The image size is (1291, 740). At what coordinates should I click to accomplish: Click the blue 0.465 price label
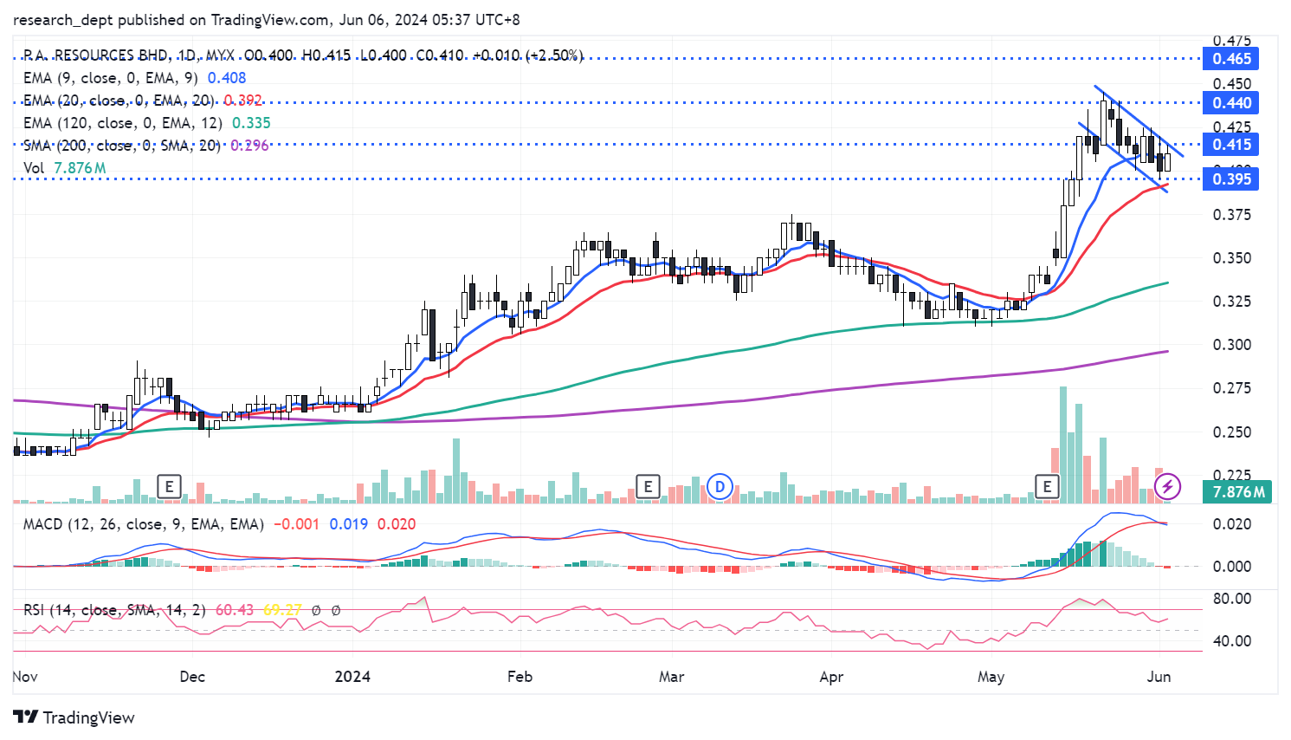click(1231, 59)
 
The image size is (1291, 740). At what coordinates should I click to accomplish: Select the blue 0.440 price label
click(1231, 103)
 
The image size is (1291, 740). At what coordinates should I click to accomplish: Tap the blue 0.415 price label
click(1231, 145)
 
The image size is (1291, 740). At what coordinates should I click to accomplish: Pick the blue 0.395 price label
click(1231, 179)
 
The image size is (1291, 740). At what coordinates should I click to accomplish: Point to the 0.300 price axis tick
click(1232, 345)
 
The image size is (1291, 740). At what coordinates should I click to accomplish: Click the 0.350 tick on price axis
click(1232, 258)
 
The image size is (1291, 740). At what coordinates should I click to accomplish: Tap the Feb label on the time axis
click(520, 677)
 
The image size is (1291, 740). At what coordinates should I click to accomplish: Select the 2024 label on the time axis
click(352, 677)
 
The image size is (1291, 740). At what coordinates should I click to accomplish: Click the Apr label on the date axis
click(831, 677)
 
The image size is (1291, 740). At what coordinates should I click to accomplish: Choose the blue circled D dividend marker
click(720, 487)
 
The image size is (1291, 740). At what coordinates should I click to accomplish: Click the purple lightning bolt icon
click(1168, 486)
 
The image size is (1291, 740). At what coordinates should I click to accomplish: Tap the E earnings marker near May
click(1048, 486)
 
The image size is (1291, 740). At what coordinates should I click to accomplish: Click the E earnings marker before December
click(169, 486)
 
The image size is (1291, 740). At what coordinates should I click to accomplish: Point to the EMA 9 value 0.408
click(227, 78)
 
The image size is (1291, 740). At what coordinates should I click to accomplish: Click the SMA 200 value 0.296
click(249, 146)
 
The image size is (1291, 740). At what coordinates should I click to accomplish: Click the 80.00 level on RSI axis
click(1231, 599)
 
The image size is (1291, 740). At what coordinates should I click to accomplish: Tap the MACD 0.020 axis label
click(1231, 524)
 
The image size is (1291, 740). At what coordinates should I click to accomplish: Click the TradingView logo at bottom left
click(74, 717)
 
